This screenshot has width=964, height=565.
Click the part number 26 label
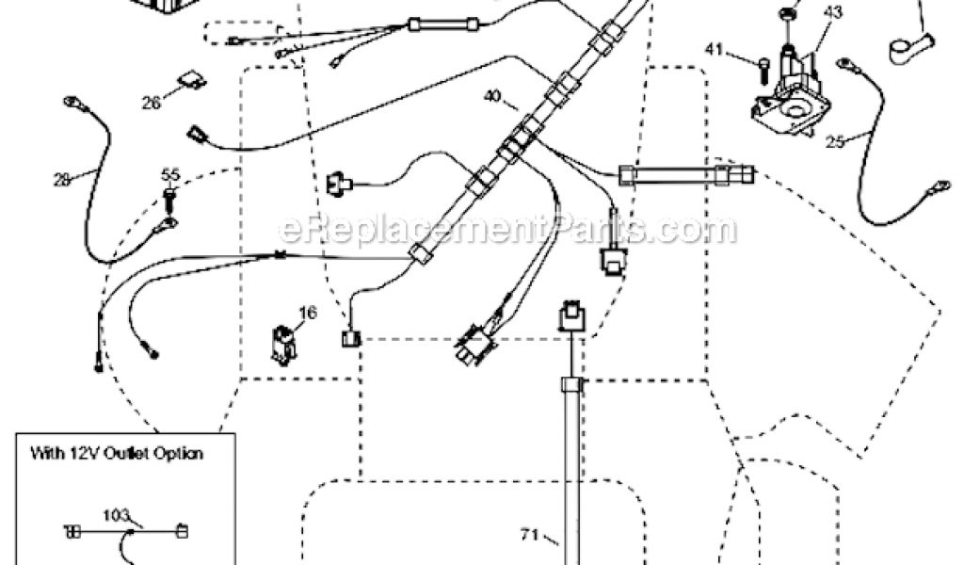click(151, 105)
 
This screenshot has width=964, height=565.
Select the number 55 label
click(170, 174)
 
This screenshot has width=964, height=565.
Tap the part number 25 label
click(833, 142)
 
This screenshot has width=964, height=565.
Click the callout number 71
click(529, 536)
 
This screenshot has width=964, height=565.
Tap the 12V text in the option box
click(101, 453)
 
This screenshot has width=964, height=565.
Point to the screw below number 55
click(170, 199)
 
